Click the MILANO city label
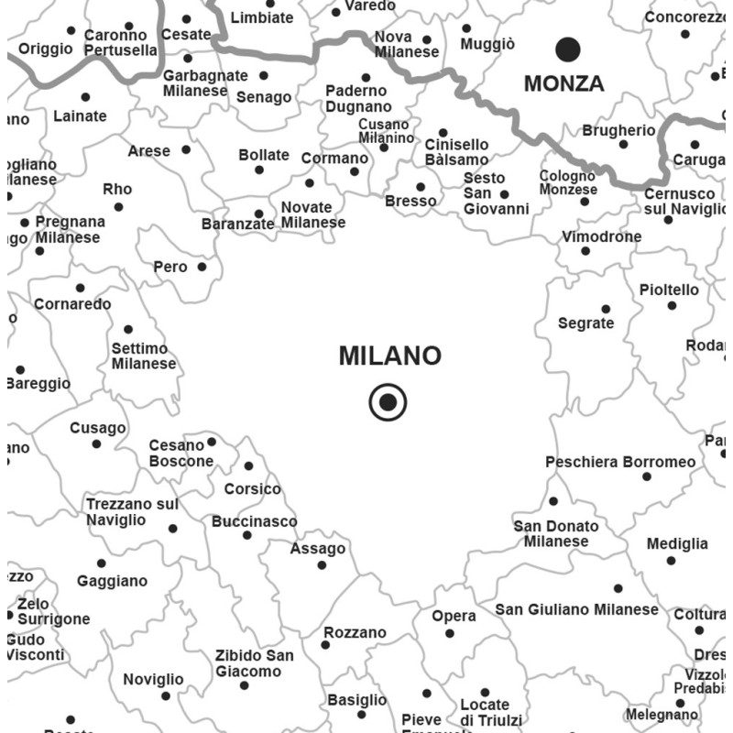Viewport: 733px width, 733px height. [390, 356]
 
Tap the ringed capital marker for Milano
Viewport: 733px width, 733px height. [388, 401]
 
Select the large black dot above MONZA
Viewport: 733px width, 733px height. [568, 49]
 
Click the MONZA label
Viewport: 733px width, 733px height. [563, 84]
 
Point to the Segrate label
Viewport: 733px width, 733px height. [586, 323]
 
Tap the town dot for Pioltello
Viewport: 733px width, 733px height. [672, 306]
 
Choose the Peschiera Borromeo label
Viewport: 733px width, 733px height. [620, 462]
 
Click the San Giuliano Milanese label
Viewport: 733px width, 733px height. [577, 609]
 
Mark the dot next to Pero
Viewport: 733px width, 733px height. [202, 268]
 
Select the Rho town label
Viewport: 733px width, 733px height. [117, 190]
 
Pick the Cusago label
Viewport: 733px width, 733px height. [98, 428]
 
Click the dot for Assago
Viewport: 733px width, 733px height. [322, 564]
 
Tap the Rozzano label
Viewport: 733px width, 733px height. [355, 632]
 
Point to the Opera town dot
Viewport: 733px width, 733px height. [449, 633]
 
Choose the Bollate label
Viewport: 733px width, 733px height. [264, 155]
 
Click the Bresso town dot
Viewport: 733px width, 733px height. [420, 187]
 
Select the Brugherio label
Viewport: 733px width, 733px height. [619, 131]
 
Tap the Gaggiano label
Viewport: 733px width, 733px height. [112, 581]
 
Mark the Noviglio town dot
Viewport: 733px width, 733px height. [166, 696]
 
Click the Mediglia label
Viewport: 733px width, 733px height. [677, 544]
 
